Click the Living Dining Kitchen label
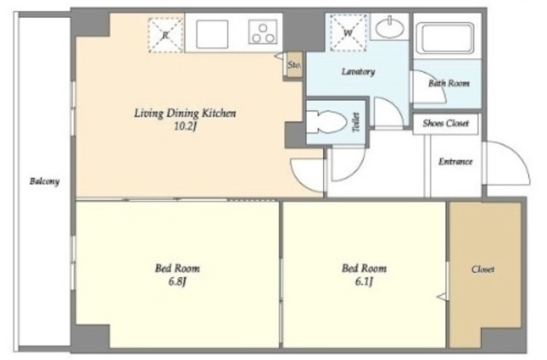tap(185, 114)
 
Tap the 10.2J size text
tap(185, 127)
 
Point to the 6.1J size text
tap(364, 281)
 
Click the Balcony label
tap(44, 181)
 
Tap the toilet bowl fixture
tap(326, 122)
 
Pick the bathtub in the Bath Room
tap(448, 38)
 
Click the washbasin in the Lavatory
tap(389, 27)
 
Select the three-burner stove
tap(262, 32)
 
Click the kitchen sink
tap(212, 34)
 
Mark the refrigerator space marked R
tap(166, 35)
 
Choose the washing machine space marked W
tap(348, 33)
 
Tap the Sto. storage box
tap(294, 65)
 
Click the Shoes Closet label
tap(445, 123)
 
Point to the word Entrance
tap(456, 162)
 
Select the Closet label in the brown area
tap(483, 269)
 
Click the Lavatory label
tap(358, 72)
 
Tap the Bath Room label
tap(449, 83)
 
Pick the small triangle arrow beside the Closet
tap(442, 297)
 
